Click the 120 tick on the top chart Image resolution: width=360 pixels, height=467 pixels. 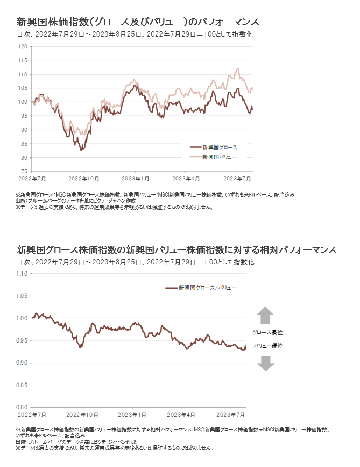pyautogui.click(x=24, y=46)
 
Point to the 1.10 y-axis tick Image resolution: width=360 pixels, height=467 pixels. pyautogui.click(x=22, y=274)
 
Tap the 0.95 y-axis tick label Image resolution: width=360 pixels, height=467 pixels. pyautogui.click(x=22, y=340)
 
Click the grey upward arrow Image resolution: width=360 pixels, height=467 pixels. pyautogui.click(x=265, y=315)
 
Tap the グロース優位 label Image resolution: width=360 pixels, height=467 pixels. pyautogui.click(x=267, y=332)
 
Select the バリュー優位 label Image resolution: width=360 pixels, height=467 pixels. pyautogui.click(x=267, y=346)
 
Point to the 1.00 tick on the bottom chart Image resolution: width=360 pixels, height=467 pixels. pyautogui.click(x=22, y=318)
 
